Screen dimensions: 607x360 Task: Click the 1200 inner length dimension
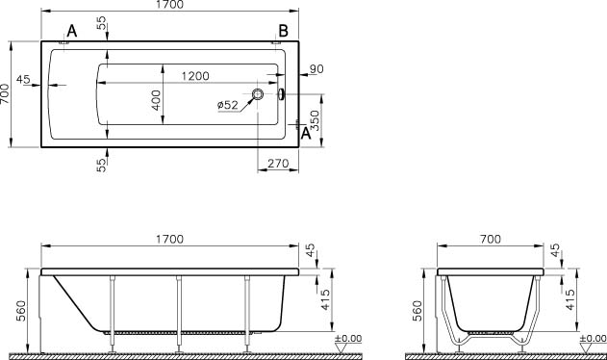[195, 76]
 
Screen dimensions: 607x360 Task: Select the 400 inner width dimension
[156, 100]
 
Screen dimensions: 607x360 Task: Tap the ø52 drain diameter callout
[228, 105]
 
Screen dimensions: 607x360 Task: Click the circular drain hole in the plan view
[258, 93]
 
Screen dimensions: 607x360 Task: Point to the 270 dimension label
[278, 164]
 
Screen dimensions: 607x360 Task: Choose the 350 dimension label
[315, 120]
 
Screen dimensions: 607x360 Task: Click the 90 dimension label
[316, 69]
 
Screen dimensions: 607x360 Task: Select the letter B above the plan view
[283, 31]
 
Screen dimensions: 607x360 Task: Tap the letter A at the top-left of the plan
[72, 31]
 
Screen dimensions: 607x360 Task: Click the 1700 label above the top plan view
[170, 5]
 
